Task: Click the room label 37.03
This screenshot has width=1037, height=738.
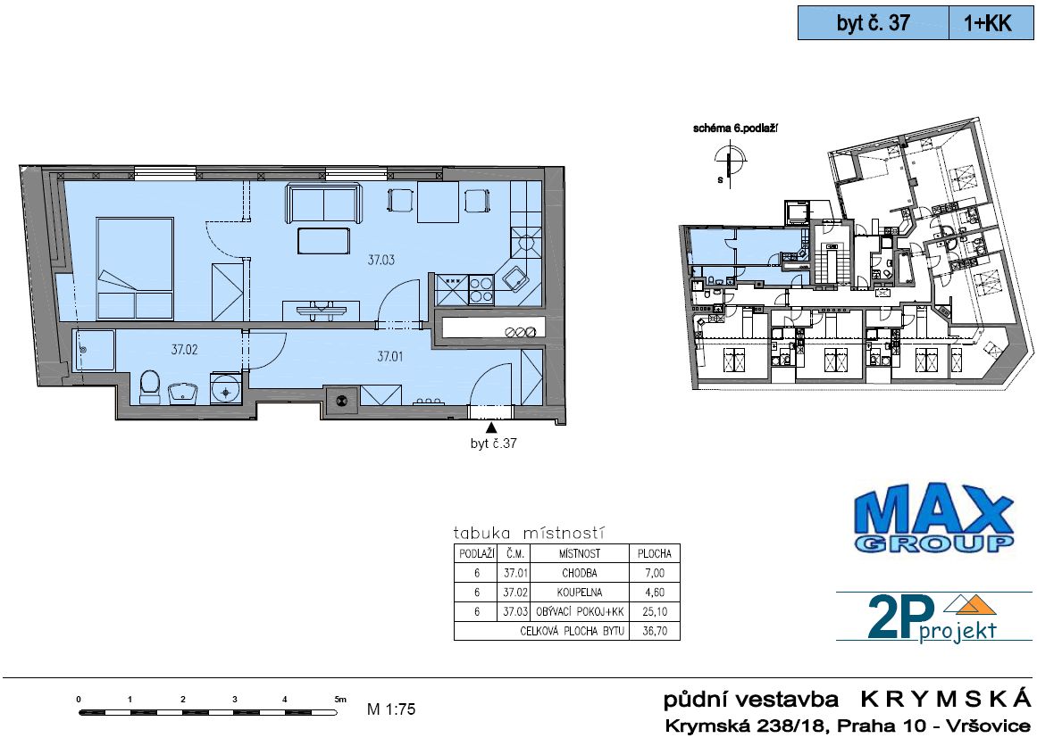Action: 381,260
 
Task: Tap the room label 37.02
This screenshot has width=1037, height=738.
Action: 185,350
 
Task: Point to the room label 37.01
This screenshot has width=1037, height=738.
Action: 390,356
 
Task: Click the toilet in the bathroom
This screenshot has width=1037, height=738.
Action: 150,387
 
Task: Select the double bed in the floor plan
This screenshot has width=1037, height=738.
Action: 135,269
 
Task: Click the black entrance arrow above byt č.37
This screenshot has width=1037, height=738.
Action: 491,428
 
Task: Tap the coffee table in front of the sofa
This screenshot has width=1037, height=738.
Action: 323,240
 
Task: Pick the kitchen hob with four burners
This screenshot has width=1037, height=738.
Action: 481,289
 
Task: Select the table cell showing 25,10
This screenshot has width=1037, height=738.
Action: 654,612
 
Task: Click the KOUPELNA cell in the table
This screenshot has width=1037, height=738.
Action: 580,593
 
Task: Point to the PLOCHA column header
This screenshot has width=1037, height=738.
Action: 654,553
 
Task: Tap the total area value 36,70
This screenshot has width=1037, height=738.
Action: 654,631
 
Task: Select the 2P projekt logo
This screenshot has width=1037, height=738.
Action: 932,618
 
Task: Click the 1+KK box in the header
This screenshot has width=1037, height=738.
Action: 991,23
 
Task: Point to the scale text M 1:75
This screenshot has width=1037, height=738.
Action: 391,709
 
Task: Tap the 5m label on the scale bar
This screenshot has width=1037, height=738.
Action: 340,699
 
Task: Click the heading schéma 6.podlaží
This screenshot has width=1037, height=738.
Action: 735,129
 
